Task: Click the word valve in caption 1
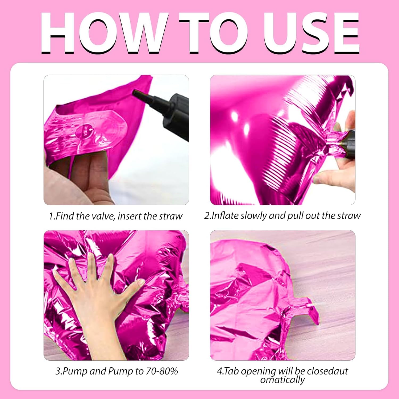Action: click(103, 216)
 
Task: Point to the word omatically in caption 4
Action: click(282, 380)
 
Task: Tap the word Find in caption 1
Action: click(65, 216)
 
